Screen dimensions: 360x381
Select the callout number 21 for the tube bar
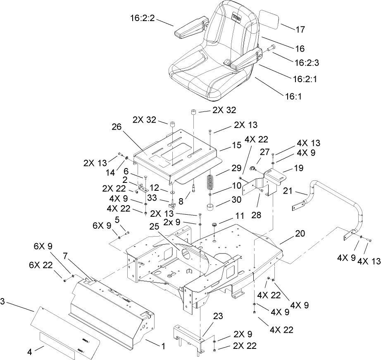tap(289, 191)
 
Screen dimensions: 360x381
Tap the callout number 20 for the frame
tap(300, 234)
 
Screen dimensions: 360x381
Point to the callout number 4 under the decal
tap(29, 353)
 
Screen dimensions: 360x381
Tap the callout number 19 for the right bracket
tap(287, 168)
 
